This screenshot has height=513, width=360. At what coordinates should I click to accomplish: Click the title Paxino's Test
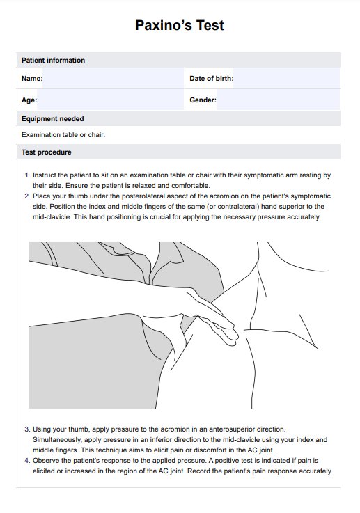[x=180, y=25]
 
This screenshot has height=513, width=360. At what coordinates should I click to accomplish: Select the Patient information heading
[x=53, y=60]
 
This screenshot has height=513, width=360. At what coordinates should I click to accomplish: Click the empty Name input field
[x=114, y=78]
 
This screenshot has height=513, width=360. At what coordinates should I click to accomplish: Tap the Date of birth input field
[x=287, y=78]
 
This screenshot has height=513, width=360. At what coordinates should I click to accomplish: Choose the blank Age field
[x=111, y=100]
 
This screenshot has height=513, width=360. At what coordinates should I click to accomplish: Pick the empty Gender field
[x=279, y=100]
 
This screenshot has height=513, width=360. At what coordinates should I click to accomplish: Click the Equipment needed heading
[x=53, y=119]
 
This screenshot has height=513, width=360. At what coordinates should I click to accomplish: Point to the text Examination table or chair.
[x=63, y=135]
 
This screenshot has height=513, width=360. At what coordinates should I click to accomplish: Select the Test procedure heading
[x=46, y=152]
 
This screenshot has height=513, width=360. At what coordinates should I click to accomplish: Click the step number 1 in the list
[x=27, y=175]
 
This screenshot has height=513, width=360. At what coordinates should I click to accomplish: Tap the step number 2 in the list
[x=27, y=196]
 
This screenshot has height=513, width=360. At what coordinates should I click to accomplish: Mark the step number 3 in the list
[x=27, y=429]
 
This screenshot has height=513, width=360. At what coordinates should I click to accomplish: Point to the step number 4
[x=27, y=461]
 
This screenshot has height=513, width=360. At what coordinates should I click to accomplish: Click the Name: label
[x=32, y=79]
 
